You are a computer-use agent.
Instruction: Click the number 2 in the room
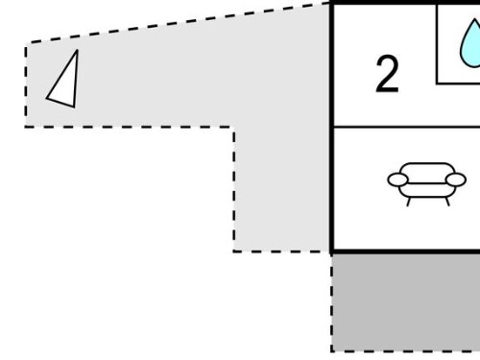pyautogui.click(x=387, y=74)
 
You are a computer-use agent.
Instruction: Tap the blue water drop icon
pyautogui.click(x=470, y=44)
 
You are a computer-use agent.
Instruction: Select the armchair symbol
pyautogui.click(x=427, y=183)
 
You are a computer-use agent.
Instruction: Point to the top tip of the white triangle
pyautogui.click(x=77, y=50)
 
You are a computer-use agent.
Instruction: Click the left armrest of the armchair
pyautogui.click(x=397, y=180)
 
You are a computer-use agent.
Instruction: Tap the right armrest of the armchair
pyautogui.click(x=456, y=180)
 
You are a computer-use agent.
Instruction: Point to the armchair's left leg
pyautogui.click(x=409, y=202)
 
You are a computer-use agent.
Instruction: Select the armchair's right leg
pyautogui.click(x=447, y=202)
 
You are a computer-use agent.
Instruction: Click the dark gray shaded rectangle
pyautogui.click(x=406, y=302)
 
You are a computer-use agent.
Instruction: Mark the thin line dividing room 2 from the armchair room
pyautogui.click(x=407, y=127)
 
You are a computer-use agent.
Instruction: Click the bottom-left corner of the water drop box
pyautogui.click(x=437, y=84)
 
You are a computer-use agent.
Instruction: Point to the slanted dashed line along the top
pyautogui.click(x=179, y=22)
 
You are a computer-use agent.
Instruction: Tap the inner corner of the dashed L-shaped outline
pyautogui.click(x=234, y=127)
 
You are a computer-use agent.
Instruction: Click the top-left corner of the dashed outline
pyautogui.click(x=26, y=43)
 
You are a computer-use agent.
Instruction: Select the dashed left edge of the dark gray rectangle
pyautogui.click(x=332, y=302)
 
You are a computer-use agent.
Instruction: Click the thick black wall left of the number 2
pyautogui.click(x=332, y=65)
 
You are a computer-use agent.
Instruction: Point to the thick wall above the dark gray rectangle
pyautogui.click(x=406, y=252)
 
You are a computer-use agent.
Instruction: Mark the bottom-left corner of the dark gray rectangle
pyautogui.click(x=332, y=351)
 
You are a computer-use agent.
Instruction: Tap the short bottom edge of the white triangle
pyautogui.click(x=60, y=103)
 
